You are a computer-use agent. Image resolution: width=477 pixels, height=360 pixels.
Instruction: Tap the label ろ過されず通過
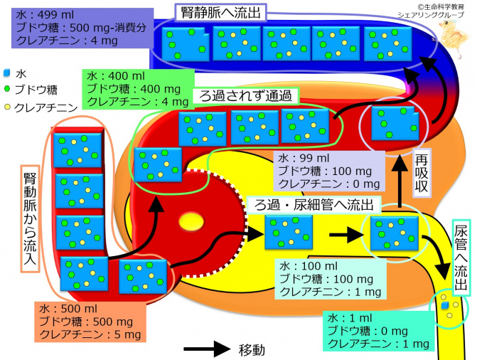(x=246, y=95)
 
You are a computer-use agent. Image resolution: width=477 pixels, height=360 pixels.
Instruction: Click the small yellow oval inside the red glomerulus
(x=190, y=223)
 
